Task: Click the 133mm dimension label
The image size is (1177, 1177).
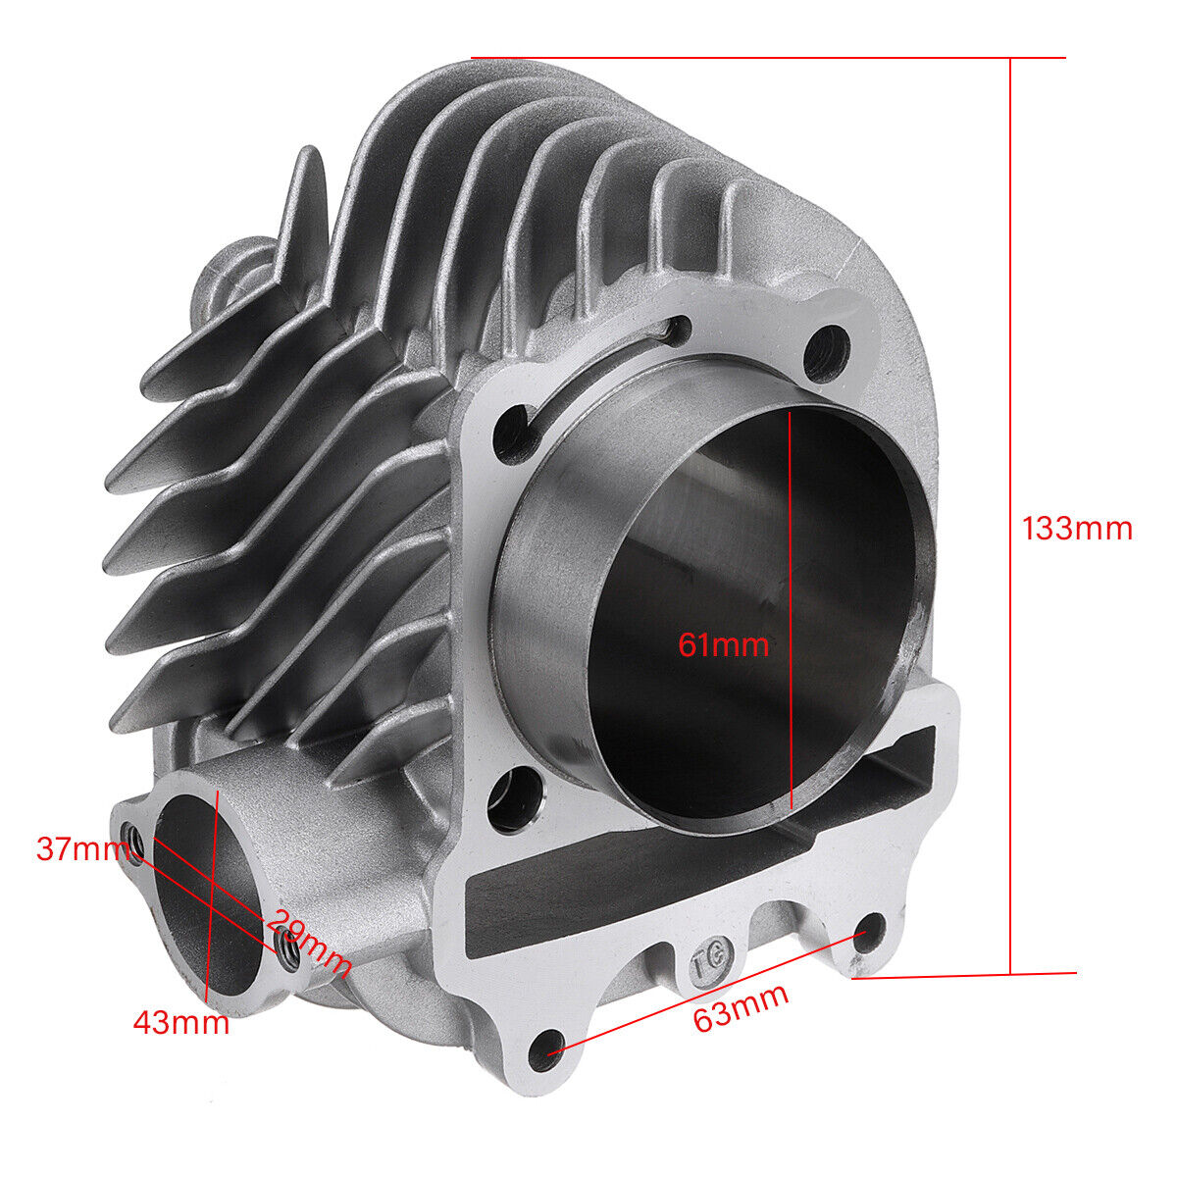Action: [x=1077, y=529]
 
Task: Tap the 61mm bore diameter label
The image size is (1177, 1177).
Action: [x=723, y=645]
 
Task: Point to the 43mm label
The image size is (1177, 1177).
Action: [x=181, y=1022]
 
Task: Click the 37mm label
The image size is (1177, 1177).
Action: [x=83, y=849]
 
